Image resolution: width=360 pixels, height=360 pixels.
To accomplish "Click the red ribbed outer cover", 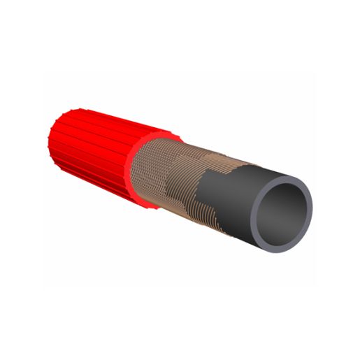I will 91,157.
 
